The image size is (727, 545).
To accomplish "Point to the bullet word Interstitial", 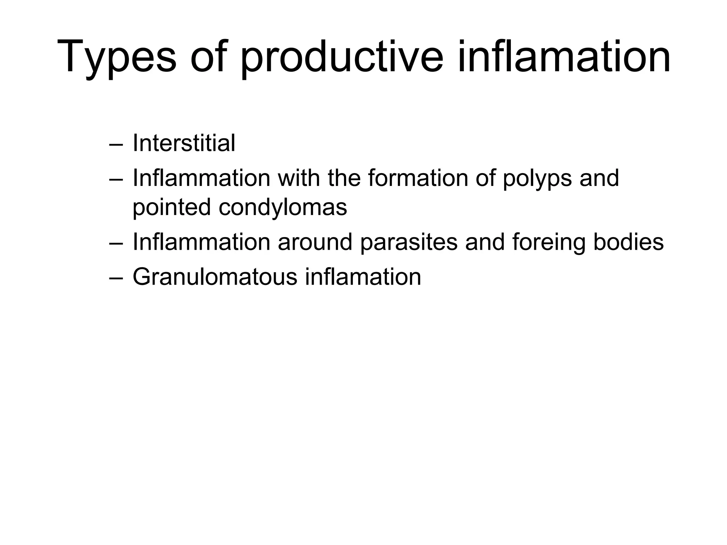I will pyautogui.click(x=184, y=143).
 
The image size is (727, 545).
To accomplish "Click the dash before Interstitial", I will pyautogui.click(x=116, y=144).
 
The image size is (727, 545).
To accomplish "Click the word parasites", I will pyautogui.click(x=409, y=242).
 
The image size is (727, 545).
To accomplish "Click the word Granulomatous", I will pyautogui.click(x=215, y=277).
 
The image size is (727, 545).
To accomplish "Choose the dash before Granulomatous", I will pyautogui.click(x=116, y=278).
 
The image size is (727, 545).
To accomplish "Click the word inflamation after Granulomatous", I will pyautogui.click(x=363, y=277).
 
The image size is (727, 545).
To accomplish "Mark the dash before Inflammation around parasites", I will pyautogui.click(x=116, y=243).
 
